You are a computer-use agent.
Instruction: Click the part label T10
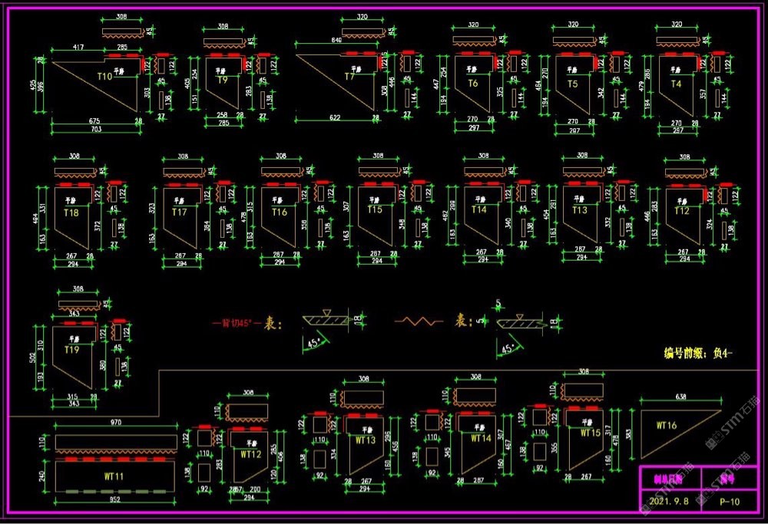click(104, 77)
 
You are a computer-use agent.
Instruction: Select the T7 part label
click(349, 77)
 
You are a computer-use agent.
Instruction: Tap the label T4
click(676, 84)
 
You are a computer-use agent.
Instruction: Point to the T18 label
click(71, 211)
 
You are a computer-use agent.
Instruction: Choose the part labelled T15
click(374, 209)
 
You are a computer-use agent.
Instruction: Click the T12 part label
click(681, 211)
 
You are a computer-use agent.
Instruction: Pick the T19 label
click(71, 349)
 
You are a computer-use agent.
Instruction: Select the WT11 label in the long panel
click(114, 476)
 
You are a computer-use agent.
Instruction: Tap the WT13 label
click(366, 440)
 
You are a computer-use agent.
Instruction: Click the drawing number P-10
click(730, 502)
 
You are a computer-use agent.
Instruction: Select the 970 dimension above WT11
click(115, 422)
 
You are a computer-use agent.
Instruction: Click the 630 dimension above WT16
click(680, 397)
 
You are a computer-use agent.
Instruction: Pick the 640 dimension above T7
click(336, 40)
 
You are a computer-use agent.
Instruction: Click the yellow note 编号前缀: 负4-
click(698, 354)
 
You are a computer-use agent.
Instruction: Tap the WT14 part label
click(481, 439)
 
